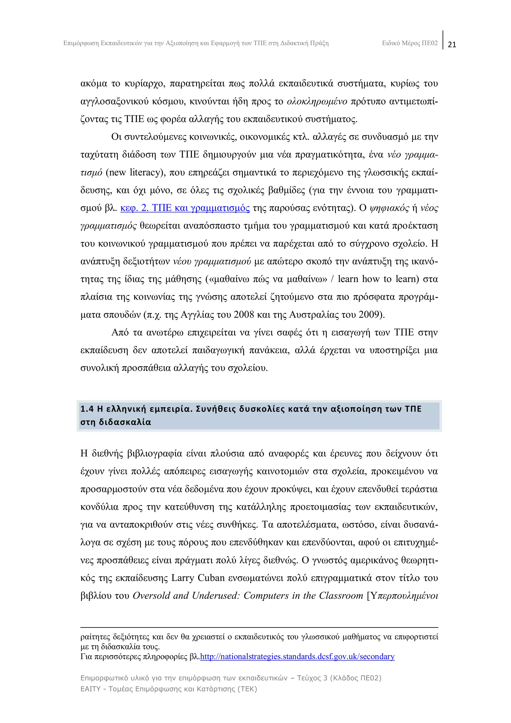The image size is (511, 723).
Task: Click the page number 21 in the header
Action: tap(452, 44)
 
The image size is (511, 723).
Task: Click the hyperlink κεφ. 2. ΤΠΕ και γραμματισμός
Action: tap(185, 208)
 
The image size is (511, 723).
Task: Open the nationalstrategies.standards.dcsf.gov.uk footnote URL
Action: tap(297, 656)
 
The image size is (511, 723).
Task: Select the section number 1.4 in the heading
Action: tap(87, 409)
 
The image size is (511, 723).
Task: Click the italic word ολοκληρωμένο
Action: tap(317, 101)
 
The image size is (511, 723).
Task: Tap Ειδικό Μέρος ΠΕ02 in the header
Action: tap(410, 43)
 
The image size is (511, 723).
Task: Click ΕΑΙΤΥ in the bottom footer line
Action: tap(90, 689)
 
